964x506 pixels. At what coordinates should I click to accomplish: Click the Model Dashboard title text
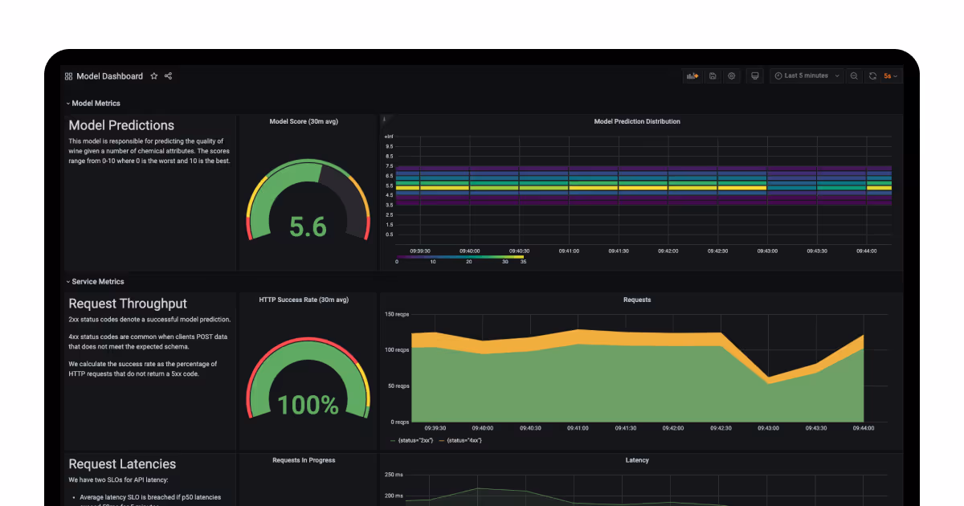tap(109, 76)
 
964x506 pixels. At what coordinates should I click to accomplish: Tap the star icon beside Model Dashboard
tap(154, 76)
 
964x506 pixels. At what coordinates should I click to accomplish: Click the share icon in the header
tap(169, 76)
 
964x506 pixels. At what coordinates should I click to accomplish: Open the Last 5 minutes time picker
tap(807, 75)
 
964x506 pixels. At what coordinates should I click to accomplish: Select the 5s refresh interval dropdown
tap(890, 76)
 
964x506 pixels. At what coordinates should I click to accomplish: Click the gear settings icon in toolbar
tap(732, 75)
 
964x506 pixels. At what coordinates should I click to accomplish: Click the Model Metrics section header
tap(96, 103)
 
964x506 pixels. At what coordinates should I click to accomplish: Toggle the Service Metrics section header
tap(97, 281)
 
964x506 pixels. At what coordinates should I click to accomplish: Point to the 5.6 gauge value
tap(308, 227)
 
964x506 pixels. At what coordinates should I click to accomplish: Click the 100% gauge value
tap(308, 405)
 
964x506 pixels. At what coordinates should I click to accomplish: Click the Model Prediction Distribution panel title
tap(637, 121)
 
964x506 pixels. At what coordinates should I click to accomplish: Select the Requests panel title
tap(637, 300)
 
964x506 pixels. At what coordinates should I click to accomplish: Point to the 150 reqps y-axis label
tap(397, 314)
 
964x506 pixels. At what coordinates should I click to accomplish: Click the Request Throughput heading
tap(128, 304)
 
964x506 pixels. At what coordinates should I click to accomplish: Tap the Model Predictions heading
tap(121, 125)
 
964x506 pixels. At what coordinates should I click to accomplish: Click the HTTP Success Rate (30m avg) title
tap(304, 300)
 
